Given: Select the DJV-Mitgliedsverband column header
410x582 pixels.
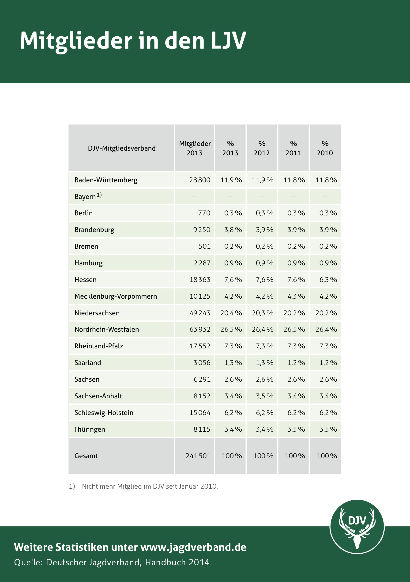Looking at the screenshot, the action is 122,148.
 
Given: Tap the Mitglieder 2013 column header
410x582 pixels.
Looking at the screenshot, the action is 195,148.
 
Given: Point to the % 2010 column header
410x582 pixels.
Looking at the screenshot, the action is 325,148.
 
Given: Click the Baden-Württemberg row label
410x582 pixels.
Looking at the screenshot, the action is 106,180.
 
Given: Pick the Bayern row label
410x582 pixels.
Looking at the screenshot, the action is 88,196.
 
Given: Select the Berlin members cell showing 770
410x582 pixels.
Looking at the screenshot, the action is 204,213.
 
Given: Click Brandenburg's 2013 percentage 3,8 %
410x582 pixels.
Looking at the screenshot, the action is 233,230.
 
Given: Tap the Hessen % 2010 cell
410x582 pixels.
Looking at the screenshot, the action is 328,280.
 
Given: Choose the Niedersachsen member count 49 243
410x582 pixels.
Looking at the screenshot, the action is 200,313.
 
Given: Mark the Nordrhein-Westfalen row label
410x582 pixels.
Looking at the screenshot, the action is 107,329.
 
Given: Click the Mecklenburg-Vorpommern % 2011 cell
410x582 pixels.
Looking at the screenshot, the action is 296,296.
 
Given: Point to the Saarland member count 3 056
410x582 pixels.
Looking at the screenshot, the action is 202,363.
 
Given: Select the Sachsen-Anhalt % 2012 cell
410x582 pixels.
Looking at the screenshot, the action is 265,396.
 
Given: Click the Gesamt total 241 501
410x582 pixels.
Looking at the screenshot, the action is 198,456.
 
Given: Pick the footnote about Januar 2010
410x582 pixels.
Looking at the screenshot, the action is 143,486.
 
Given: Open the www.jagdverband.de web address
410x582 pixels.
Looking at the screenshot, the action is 193,547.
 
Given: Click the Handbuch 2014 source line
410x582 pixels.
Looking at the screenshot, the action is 112,562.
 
